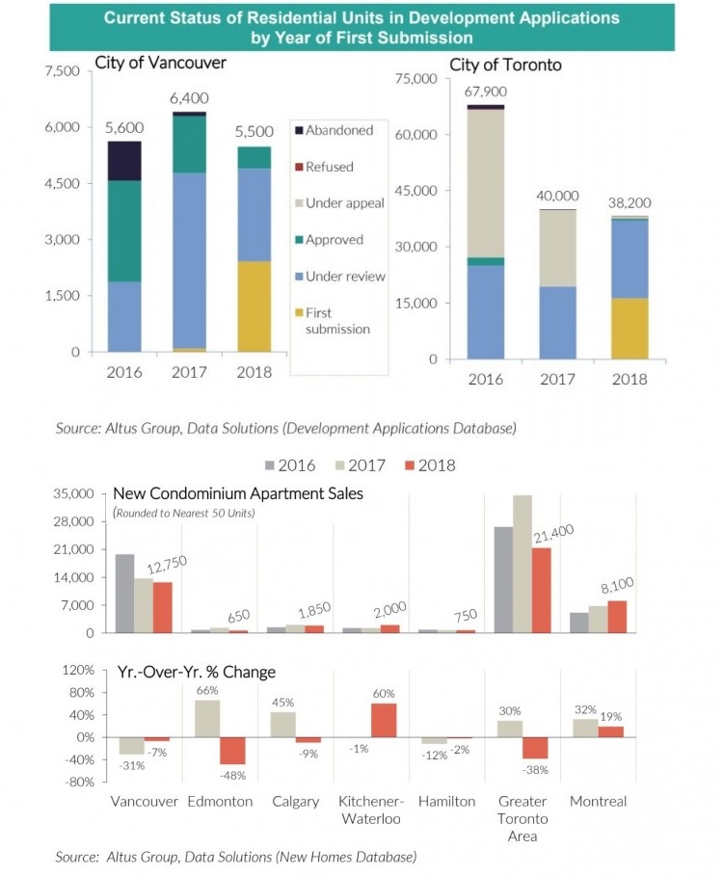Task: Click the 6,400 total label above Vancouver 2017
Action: (x=189, y=98)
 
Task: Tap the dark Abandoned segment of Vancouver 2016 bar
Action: (x=124, y=160)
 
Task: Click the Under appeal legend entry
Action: (x=344, y=203)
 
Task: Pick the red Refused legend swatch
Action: (x=299, y=167)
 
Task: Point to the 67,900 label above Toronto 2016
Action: (x=486, y=92)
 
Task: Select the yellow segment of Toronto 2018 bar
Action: (x=629, y=329)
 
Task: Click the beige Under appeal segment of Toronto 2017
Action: (x=557, y=248)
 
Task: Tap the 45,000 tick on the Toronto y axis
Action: (x=417, y=191)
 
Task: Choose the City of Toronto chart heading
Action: (x=506, y=65)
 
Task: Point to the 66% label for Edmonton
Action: (x=208, y=691)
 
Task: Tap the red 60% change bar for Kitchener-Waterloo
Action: (x=384, y=720)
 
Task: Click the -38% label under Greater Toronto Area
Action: (x=536, y=770)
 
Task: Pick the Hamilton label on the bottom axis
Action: (x=446, y=802)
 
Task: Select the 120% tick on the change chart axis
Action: (x=78, y=670)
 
